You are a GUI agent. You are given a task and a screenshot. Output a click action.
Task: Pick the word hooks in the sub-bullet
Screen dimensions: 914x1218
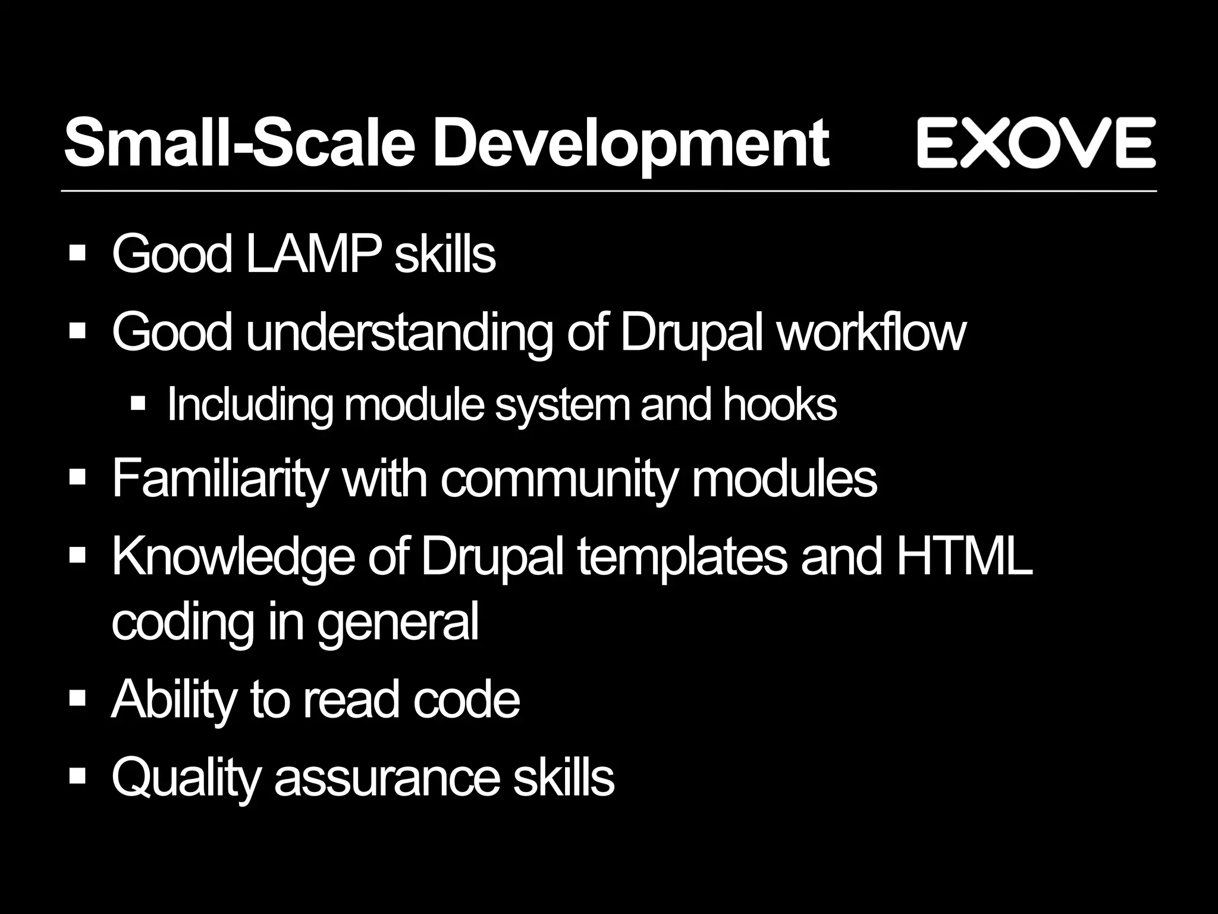780,405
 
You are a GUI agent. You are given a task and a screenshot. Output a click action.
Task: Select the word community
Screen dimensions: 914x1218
558,480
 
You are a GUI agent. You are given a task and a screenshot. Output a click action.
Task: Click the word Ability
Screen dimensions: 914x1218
173,701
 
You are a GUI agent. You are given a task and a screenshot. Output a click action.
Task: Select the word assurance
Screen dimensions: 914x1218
387,778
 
